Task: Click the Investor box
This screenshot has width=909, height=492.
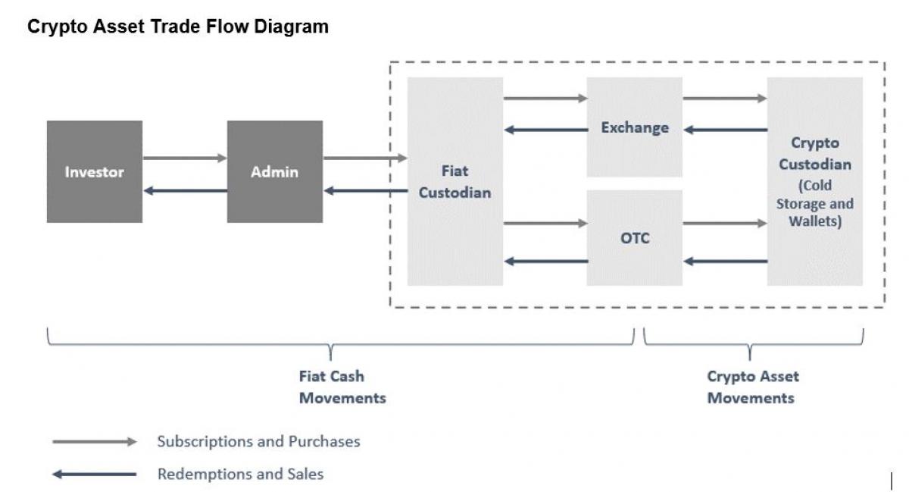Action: pos(94,171)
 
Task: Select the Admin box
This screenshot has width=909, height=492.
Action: pos(274,171)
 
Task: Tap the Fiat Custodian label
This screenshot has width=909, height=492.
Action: pos(454,182)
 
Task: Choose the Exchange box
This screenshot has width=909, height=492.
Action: pos(635,127)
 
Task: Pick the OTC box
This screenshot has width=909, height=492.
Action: pos(635,238)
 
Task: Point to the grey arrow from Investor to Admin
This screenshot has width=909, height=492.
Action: pos(185,158)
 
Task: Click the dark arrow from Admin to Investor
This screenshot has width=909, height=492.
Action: pos(185,190)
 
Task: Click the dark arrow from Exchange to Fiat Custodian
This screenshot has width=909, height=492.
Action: pos(545,130)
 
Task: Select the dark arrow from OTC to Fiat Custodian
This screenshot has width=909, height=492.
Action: pos(545,262)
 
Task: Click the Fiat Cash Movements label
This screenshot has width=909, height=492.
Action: pos(342,387)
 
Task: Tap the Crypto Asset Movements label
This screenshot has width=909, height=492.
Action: pos(751,387)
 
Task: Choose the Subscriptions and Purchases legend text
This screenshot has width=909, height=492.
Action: pos(258,441)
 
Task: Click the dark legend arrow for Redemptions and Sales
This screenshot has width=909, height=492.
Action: pos(94,475)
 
